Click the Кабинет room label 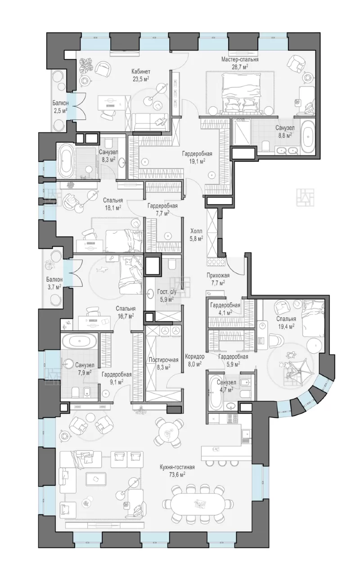[x=141, y=71]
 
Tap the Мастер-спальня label [x=240, y=59]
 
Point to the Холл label [x=197, y=231]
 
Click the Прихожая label [x=218, y=276]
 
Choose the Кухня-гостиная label [x=177, y=467]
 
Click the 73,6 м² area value [x=177, y=474]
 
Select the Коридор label [x=195, y=356]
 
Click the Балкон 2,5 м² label [x=60, y=107]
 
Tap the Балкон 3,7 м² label [x=54, y=283]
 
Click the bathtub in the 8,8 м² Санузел [x=307, y=136]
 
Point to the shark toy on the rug [x=103, y=269]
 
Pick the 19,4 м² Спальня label [x=286, y=322]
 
